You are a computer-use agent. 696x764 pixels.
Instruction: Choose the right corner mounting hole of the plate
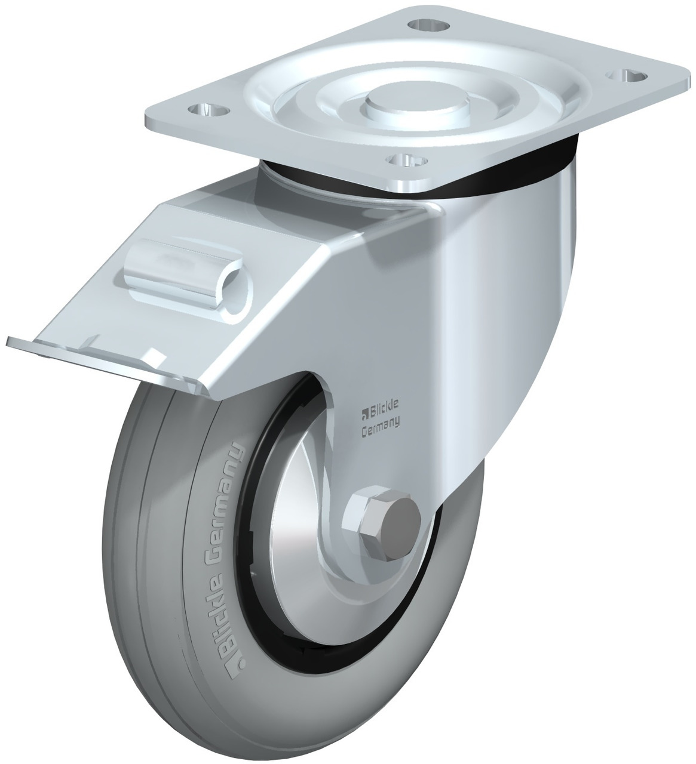point(627,76)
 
